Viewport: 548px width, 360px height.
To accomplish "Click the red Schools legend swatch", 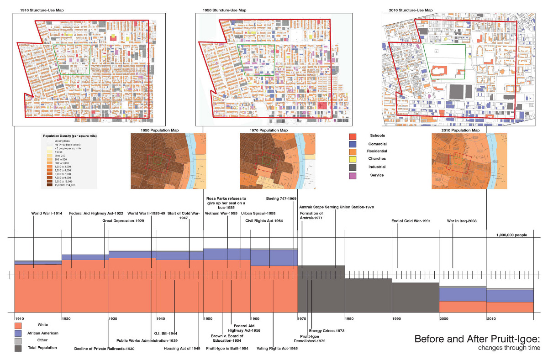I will coord(352,136).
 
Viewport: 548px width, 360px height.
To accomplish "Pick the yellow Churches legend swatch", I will coord(352,159).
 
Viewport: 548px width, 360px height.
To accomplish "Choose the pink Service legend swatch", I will coord(352,175).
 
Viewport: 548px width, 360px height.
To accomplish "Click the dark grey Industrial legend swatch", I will coord(352,167).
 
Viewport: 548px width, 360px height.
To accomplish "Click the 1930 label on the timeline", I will coord(113,318).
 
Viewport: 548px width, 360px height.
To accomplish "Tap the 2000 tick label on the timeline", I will coord(444,318).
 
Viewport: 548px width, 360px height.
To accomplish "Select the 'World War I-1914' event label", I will coord(47,213).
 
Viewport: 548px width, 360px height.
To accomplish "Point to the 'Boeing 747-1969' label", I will coord(282,199).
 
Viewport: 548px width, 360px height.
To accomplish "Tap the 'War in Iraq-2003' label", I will coord(462,221).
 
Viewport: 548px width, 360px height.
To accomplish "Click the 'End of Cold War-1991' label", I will coord(411,221).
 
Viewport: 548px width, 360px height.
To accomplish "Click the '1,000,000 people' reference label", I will coord(511,235).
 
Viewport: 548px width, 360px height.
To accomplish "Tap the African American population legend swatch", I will coord(18,334).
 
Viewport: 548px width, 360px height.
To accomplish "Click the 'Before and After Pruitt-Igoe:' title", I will coord(477,339).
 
